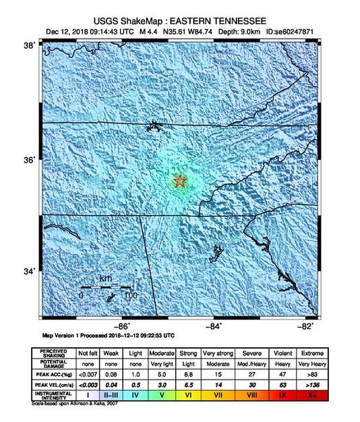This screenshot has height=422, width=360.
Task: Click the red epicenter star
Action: click(x=180, y=181)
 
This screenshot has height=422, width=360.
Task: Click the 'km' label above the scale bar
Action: click(x=105, y=279)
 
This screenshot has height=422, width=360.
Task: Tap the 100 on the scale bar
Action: click(x=130, y=295)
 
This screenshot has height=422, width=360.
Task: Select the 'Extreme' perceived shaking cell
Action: click(x=311, y=353)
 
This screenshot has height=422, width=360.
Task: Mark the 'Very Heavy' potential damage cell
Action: click(x=311, y=363)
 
